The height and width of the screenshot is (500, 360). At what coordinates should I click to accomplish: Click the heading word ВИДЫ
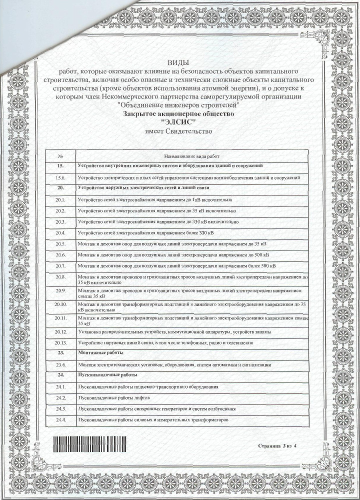178,62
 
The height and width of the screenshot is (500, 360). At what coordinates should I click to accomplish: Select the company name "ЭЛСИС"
178,122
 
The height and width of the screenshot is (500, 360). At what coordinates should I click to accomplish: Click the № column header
60,156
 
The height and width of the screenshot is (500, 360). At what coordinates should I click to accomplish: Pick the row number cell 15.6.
61,177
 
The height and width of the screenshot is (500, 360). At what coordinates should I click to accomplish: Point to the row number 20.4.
61,232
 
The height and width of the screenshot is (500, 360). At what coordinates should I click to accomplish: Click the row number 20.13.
61,342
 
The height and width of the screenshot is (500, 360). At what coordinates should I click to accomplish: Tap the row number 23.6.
61,365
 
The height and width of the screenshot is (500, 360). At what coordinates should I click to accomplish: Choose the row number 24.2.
61,398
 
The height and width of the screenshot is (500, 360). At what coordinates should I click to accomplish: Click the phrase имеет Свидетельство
178,131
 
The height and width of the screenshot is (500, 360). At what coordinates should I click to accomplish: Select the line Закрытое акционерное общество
178,114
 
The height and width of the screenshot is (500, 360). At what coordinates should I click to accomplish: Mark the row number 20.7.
61,265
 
